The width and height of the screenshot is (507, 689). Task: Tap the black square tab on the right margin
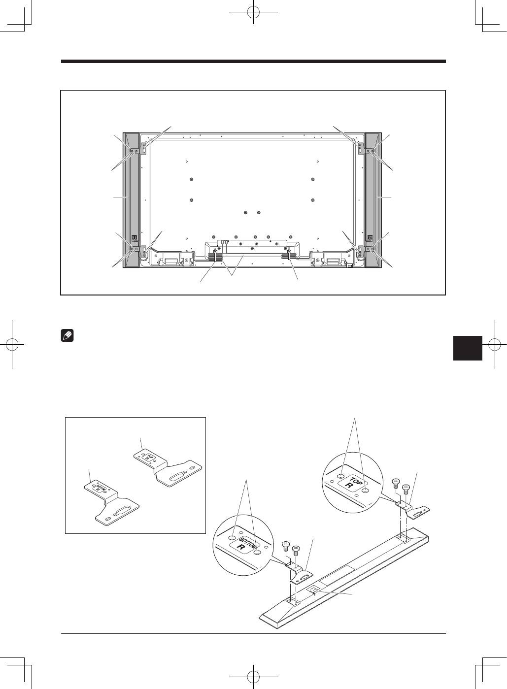(x=468, y=348)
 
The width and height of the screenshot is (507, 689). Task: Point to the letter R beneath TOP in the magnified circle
(x=349, y=486)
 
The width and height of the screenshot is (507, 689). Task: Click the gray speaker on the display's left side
(x=131, y=200)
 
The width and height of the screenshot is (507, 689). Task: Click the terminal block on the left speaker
(x=134, y=238)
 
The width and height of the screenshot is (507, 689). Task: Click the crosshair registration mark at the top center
(x=253, y=12)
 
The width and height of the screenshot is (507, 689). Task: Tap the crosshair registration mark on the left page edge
(x=12, y=345)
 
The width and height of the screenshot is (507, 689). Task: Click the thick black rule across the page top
(x=253, y=62)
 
